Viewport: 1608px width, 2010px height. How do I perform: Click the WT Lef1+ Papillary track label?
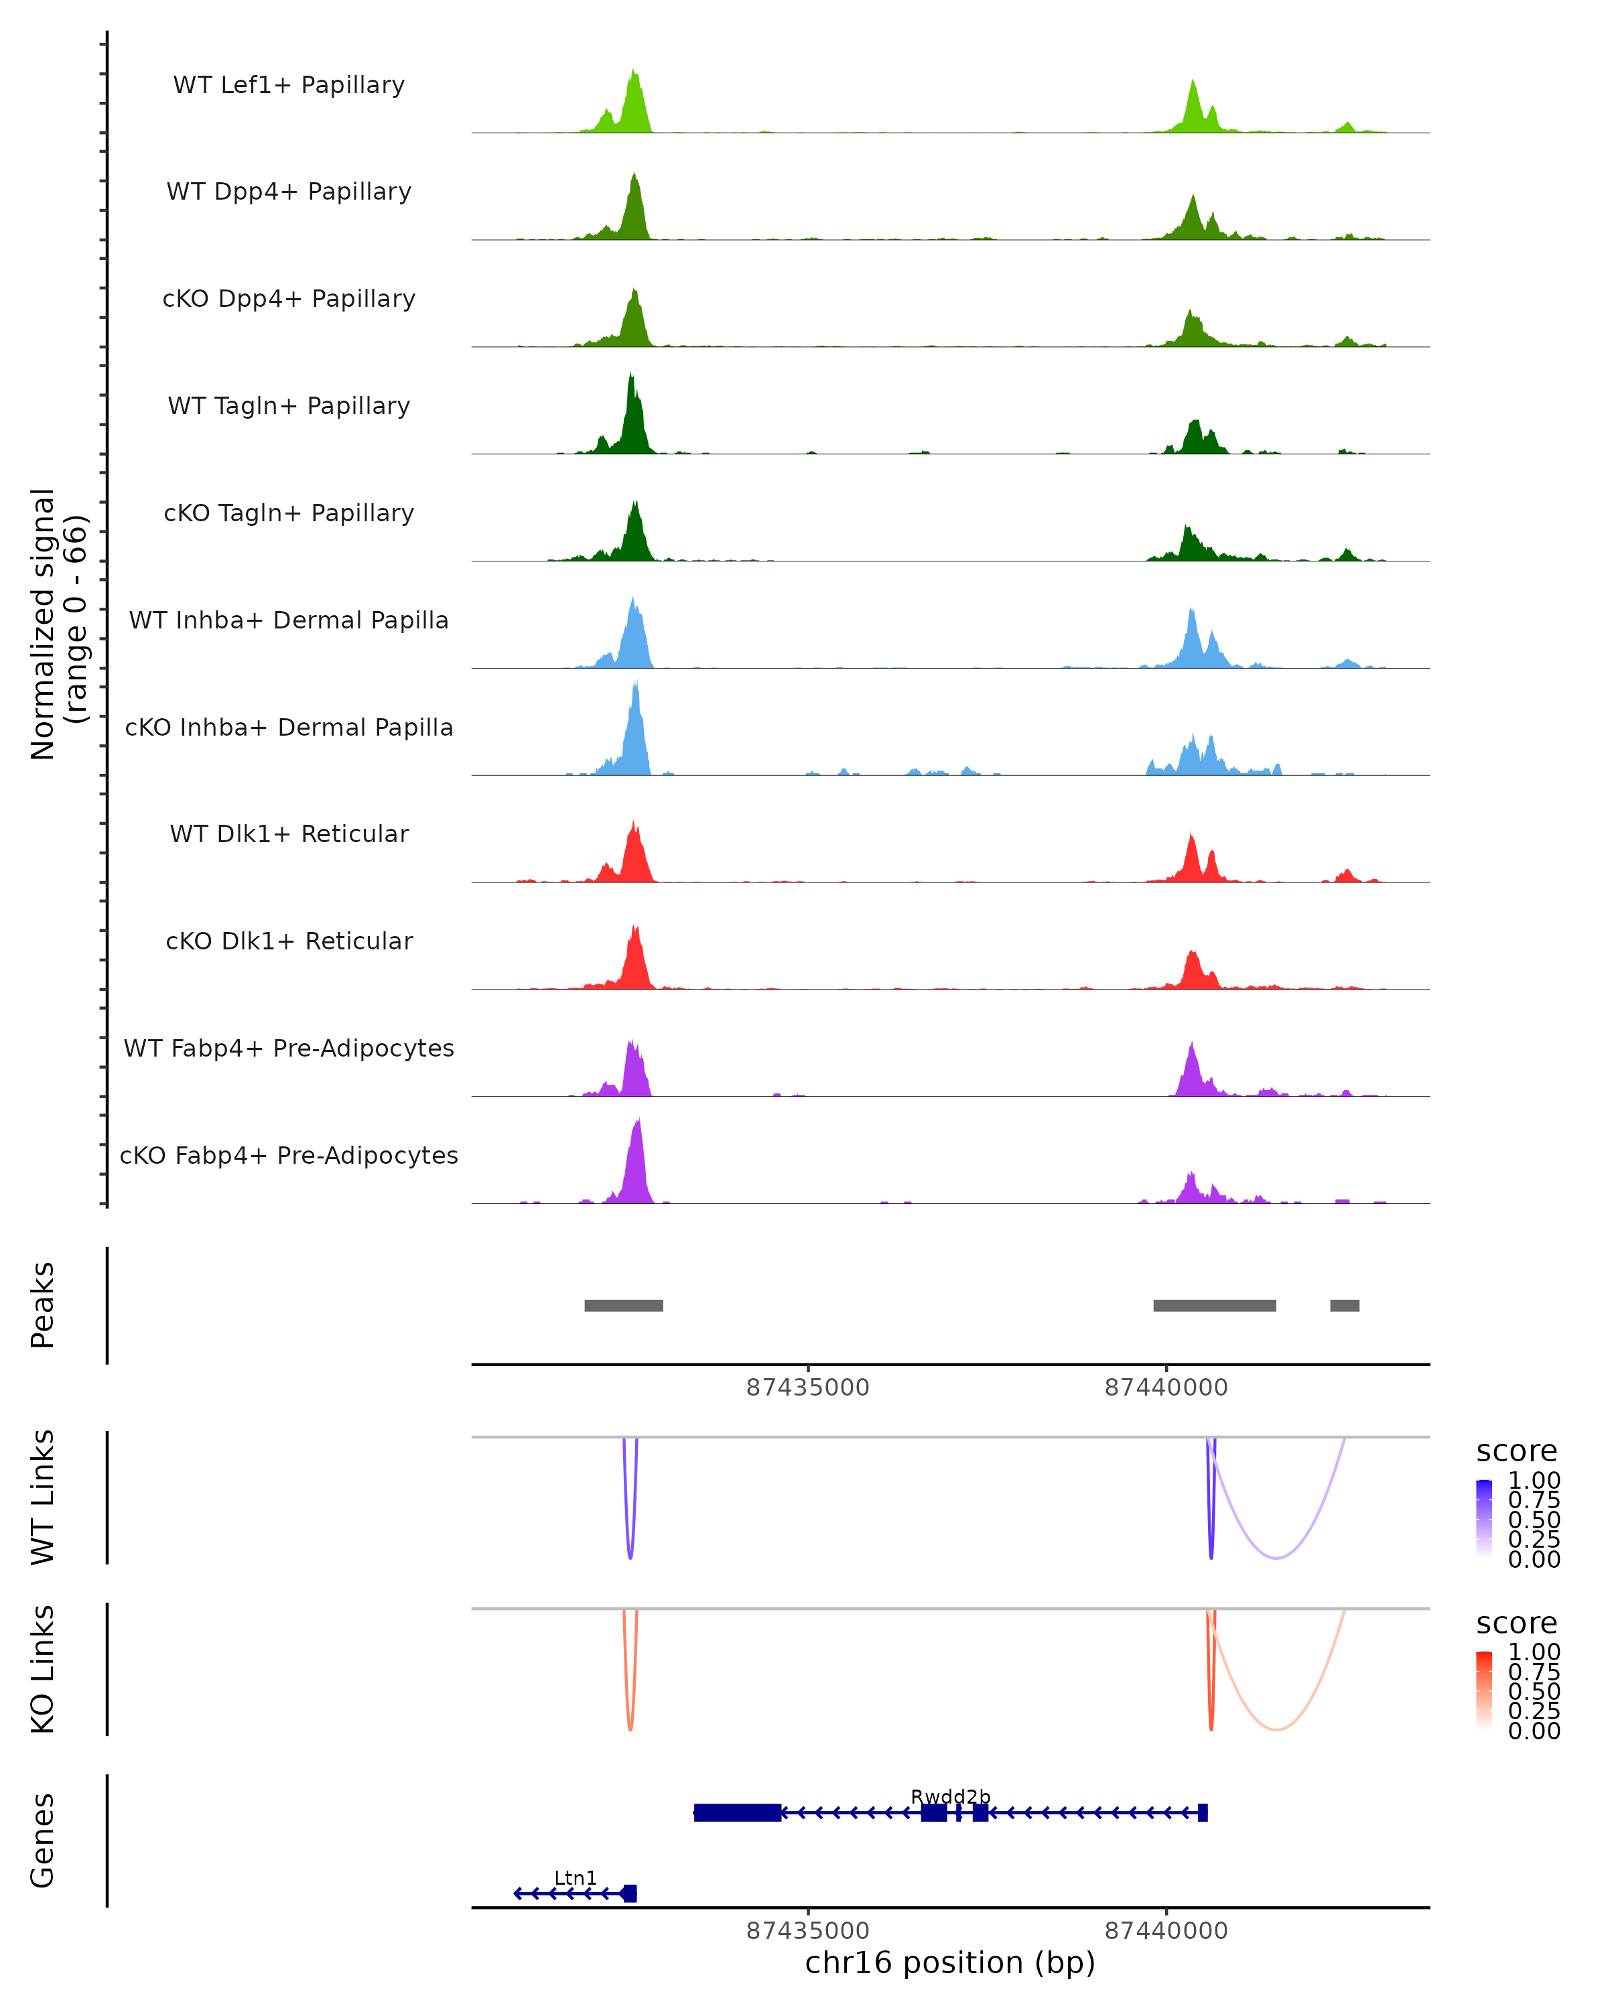[289, 85]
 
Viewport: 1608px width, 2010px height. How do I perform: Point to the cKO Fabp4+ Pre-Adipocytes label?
[289, 1155]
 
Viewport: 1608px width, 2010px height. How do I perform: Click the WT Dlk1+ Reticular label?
[289, 833]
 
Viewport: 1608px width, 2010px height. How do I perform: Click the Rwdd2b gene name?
[950, 1796]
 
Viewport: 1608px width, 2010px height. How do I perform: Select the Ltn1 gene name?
[575, 1877]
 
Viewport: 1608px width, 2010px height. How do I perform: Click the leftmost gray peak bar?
[624, 1305]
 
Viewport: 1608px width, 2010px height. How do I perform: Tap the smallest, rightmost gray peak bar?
[1344, 1305]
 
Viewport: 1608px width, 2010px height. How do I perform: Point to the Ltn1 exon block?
[629, 1893]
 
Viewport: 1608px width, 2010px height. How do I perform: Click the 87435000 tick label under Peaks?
[807, 1388]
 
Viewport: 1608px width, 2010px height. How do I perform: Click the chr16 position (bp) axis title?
[950, 1962]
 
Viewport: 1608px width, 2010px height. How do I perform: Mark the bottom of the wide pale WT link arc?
[1276, 1558]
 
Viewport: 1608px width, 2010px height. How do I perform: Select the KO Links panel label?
[43, 1669]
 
